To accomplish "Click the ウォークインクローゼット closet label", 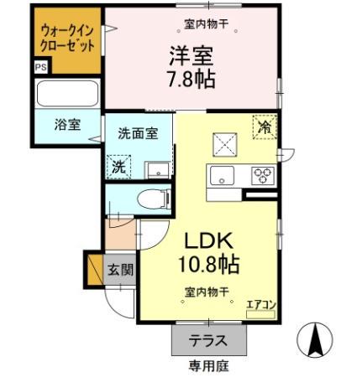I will [68, 37].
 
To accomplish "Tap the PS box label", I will [40, 66].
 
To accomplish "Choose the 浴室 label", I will [67, 125].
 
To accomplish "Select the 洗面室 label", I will [137, 132].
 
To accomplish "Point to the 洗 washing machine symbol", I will [120, 166].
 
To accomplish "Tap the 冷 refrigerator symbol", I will [265, 127].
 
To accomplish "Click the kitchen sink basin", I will [223, 176].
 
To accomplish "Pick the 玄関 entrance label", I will [119, 270].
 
